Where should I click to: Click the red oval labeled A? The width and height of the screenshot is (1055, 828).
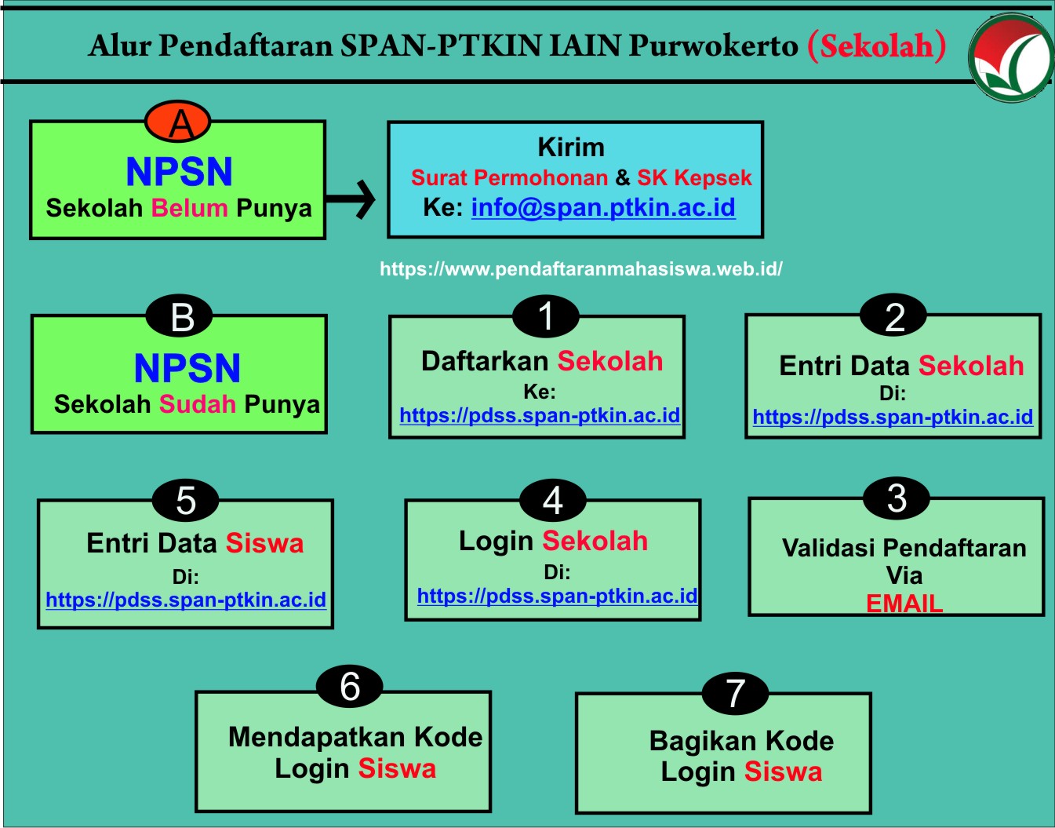click(x=178, y=123)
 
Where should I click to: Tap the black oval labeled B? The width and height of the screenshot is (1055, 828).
click(x=180, y=317)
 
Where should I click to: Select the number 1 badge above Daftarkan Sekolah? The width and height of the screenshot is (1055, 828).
click(x=546, y=316)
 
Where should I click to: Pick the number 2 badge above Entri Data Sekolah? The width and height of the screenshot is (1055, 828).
click(x=893, y=317)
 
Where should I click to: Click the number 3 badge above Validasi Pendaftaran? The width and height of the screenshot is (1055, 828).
click(x=897, y=498)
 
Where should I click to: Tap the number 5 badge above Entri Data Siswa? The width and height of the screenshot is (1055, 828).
click(x=186, y=501)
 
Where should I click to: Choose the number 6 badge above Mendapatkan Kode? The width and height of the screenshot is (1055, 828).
click(x=350, y=687)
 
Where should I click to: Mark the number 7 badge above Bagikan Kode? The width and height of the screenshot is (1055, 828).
click(x=735, y=693)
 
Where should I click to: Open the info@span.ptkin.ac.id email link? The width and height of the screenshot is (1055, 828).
click(x=603, y=207)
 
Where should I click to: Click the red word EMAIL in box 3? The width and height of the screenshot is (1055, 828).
click(x=904, y=604)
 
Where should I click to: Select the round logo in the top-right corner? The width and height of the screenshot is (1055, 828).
click(x=1010, y=59)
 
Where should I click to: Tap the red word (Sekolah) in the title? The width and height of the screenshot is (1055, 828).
click(x=877, y=46)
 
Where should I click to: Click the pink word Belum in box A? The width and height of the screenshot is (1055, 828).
click(x=190, y=208)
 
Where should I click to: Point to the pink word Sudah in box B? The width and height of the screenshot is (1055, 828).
click(x=198, y=404)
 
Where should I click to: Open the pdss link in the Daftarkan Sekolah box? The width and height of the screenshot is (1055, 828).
click(x=540, y=415)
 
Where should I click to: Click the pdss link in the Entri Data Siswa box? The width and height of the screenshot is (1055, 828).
click(x=186, y=600)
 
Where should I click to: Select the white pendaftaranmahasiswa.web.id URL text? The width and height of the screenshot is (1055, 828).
click(x=581, y=269)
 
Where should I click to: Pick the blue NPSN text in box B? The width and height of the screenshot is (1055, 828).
click(x=187, y=368)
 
